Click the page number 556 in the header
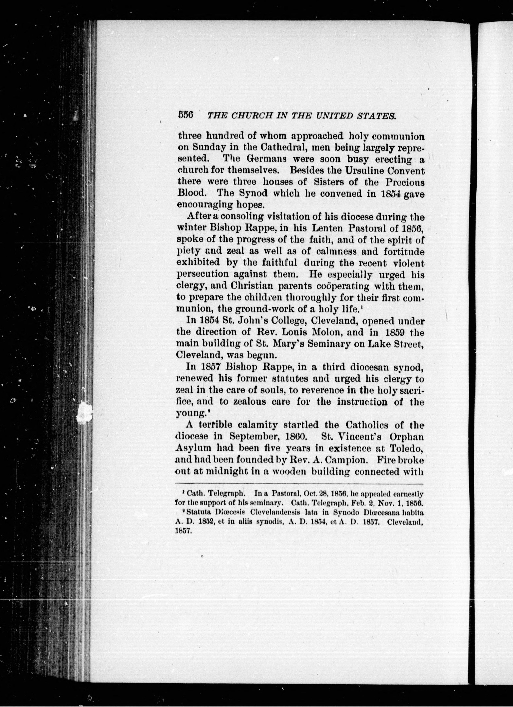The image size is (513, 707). tap(186, 115)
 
